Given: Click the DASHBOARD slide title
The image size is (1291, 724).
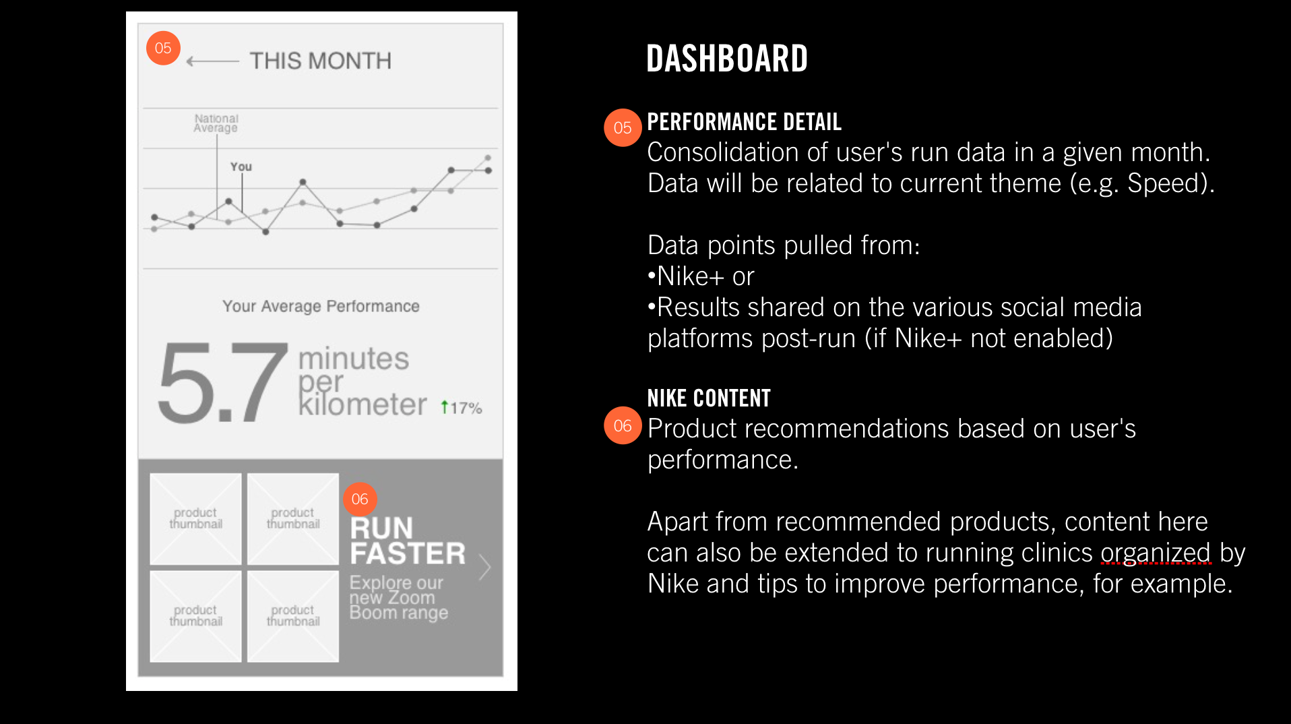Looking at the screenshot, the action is coord(727,59).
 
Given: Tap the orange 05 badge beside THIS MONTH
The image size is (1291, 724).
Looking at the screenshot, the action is coord(163,48).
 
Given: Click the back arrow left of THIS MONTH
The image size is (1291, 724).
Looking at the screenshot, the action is coord(212,61).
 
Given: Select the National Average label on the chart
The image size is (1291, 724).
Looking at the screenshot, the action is coord(216,123).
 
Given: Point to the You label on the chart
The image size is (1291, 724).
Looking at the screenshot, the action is coord(241,167).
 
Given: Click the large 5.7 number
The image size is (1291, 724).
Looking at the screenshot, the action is coord(223,382).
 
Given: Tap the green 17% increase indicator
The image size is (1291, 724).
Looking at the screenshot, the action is coord(462,408).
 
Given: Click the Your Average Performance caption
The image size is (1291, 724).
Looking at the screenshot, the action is coord(321,306).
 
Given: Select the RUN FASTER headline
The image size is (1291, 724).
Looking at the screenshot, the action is coord(408,541).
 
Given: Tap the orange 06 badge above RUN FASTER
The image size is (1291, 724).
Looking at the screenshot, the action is coord(360,499).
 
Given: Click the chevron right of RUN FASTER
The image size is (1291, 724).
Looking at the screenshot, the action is coord(485,567).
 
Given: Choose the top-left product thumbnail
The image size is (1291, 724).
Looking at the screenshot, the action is coord(195,518).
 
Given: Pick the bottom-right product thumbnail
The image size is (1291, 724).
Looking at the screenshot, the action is coord(293,616).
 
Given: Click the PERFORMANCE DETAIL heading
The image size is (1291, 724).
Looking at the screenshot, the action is coord(744,122).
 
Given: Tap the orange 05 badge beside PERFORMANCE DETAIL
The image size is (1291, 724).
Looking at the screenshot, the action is coord(623,127).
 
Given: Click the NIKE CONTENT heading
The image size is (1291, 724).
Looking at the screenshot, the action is coord(709,398).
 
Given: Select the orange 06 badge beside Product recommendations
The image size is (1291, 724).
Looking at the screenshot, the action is coord(623,425).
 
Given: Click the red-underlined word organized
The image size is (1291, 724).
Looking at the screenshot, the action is coord(1156,553).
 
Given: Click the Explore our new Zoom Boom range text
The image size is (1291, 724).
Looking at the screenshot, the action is coord(398,598).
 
